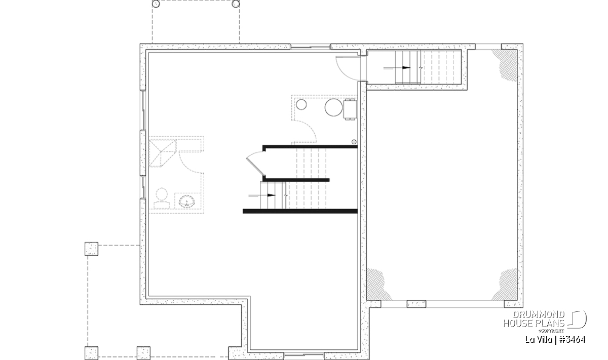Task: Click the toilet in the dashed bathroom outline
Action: point(162,198)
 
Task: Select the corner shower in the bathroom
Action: point(163,153)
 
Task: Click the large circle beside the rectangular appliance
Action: point(333,107)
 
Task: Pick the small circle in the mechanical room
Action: point(301,104)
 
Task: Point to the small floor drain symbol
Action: point(354,142)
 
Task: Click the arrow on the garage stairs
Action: point(397,68)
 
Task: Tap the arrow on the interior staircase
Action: point(262,195)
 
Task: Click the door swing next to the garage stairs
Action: point(348,68)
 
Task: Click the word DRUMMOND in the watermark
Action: point(539,315)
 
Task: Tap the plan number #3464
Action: point(572,340)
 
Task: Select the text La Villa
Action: point(539,340)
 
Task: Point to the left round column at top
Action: point(156,4)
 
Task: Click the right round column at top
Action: point(236,4)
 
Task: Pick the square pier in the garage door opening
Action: point(416,304)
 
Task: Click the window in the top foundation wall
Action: point(311,47)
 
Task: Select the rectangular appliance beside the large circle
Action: point(350,109)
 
